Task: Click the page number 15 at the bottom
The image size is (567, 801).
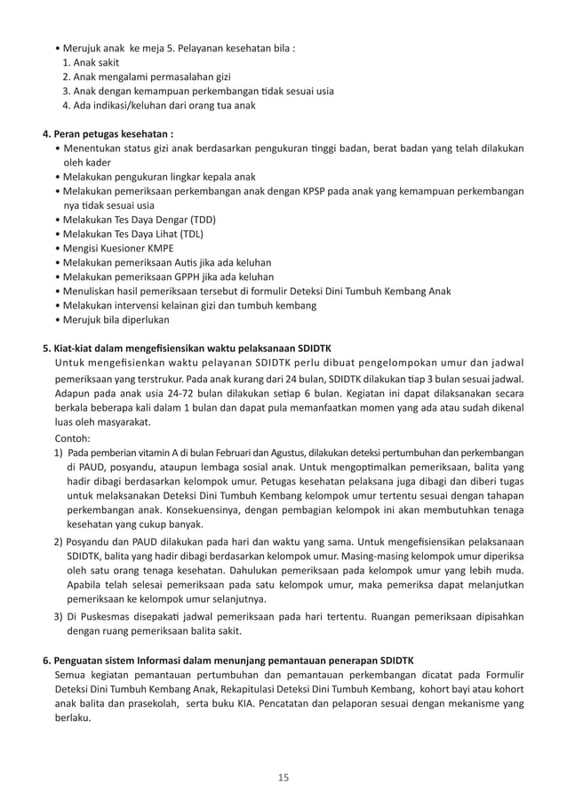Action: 283,779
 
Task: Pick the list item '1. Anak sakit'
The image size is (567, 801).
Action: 93,62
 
